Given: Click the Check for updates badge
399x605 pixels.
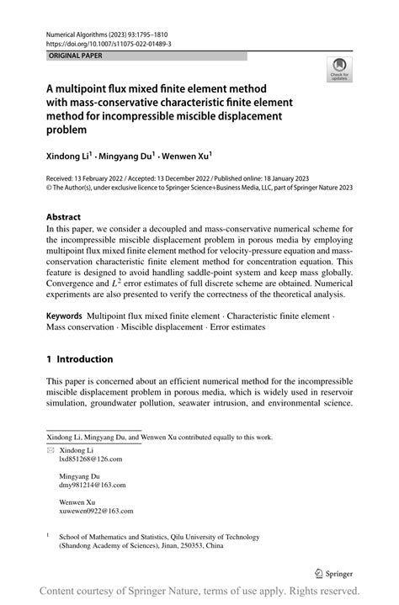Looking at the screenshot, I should coord(339,71).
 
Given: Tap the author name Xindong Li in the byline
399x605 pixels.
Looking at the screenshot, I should coord(68,156).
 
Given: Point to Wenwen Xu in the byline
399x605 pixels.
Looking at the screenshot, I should coord(185,156).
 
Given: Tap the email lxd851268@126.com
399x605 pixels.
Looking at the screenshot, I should coord(90,459).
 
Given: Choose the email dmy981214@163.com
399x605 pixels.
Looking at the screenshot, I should coord(92,485).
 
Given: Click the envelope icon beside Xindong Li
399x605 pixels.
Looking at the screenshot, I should coord(49,450).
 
